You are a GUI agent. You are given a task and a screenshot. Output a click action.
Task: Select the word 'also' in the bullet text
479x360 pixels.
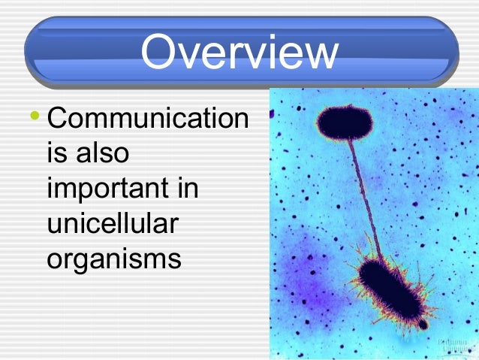(x=101, y=153)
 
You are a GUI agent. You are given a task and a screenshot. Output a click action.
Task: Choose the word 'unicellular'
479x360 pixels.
(x=114, y=223)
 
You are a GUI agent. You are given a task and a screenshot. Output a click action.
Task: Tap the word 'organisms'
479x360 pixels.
(x=113, y=260)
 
